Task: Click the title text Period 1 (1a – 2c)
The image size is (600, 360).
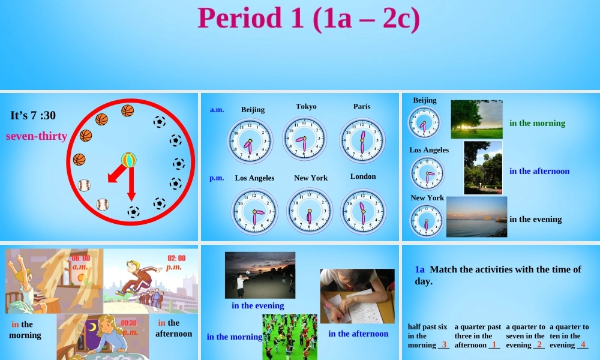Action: coord(308,18)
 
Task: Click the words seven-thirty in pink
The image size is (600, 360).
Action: coord(36,136)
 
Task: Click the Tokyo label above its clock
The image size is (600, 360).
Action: coord(306,107)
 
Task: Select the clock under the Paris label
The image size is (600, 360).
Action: coord(361,140)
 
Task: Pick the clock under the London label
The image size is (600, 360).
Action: coord(363,211)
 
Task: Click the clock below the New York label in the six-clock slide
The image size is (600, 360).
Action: coord(310,211)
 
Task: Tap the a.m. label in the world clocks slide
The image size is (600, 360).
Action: coord(217,110)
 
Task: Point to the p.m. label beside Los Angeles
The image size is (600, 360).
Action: coord(217,178)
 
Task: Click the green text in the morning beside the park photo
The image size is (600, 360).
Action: coord(537,123)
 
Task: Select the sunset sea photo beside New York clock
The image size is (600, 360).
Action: coord(476,217)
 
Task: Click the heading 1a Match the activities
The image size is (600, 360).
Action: coord(497,275)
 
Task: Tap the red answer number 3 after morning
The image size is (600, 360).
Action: coord(444,344)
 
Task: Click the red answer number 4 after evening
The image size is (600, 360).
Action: coord(583,344)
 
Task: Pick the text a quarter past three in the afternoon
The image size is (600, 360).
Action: coord(477,336)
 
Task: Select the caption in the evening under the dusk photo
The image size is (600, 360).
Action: coord(257,306)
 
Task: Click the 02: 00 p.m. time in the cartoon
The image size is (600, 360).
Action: coord(175,262)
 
